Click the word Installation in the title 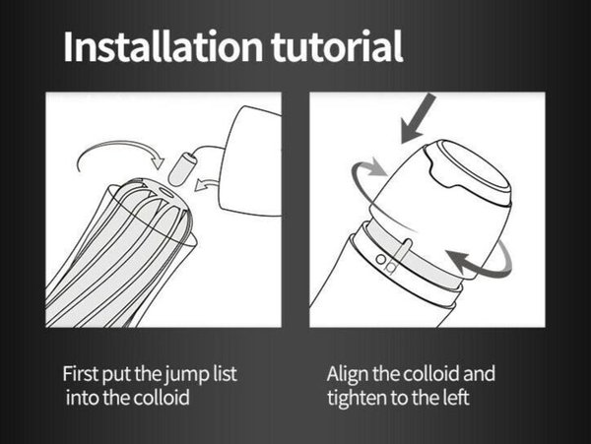pos(163,46)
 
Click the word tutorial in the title pos(337,46)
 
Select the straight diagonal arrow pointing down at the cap pos(418,118)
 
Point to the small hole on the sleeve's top pos(165,192)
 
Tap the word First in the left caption pos(81,373)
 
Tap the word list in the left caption pos(225,373)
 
